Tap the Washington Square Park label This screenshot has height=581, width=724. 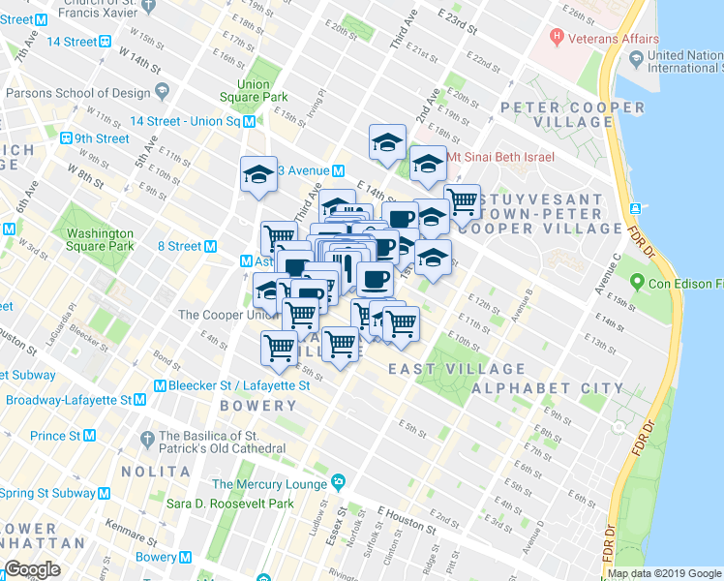point(94,239)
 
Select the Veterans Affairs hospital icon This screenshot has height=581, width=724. point(557,39)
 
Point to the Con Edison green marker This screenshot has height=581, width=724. point(636,284)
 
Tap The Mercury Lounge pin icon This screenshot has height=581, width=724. point(338,482)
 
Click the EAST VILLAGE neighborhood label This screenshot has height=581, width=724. point(457,369)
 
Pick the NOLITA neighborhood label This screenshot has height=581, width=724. point(156,472)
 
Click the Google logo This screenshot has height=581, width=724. point(32,569)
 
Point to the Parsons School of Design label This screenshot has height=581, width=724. point(77,93)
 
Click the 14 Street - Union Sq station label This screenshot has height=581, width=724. point(184,121)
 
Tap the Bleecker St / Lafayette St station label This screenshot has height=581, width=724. point(239,385)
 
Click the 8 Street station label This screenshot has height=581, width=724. point(178,246)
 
